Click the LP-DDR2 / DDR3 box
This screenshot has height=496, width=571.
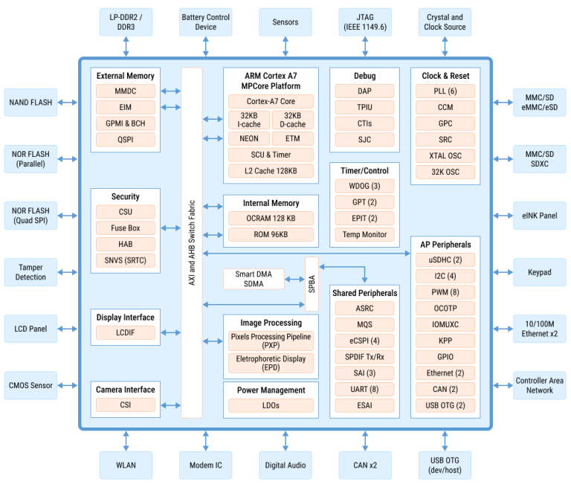click(126, 22)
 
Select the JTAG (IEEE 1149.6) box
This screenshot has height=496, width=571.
click(365, 22)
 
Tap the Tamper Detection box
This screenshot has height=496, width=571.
click(30, 271)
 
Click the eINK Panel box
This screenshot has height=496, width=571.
click(540, 216)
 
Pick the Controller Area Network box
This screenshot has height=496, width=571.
click(540, 385)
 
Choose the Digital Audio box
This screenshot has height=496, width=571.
click(285, 465)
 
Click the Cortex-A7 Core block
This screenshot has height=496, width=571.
click(271, 101)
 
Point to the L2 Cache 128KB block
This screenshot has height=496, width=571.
click(271, 171)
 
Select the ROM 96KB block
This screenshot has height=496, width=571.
click(271, 235)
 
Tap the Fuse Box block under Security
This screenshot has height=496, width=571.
click(125, 228)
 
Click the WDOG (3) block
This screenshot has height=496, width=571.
click(364, 186)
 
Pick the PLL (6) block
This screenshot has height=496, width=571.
click(445, 91)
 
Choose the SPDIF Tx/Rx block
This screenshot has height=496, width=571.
click(364, 357)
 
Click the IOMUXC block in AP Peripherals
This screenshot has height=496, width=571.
click(445, 324)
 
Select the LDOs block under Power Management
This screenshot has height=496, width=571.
click(271, 406)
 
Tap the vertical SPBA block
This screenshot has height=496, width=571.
click(312, 284)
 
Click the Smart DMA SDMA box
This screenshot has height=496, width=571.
click(254, 280)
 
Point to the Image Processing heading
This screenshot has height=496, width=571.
click(271, 323)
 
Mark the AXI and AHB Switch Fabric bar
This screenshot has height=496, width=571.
click(192, 242)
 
